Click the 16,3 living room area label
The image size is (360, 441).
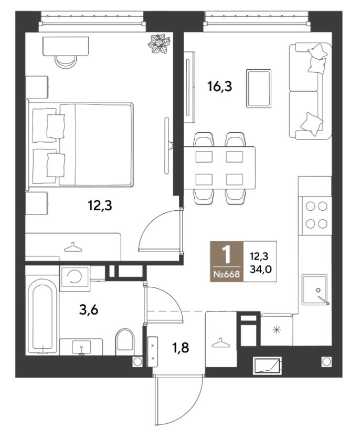(219, 87)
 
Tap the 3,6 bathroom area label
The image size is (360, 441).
(88, 310)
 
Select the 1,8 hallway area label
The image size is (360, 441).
(181, 348)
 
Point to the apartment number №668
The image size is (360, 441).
(227, 274)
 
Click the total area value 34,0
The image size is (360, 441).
(261, 270)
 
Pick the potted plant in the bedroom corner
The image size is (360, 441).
(160, 44)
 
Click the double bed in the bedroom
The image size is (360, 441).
(80, 144)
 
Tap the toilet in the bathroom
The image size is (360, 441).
(125, 341)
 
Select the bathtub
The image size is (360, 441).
(42, 315)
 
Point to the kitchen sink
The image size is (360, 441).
(315, 289)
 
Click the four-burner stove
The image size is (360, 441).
(316, 215)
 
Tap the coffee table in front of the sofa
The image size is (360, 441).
(259, 88)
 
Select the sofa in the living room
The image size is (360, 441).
(310, 91)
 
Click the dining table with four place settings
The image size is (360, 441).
(219, 168)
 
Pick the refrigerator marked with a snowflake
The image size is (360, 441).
(277, 330)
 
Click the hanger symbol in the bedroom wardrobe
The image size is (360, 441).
(73, 247)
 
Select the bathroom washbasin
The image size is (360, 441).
(82, 347)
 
